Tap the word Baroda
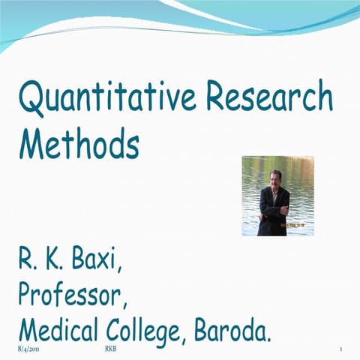232,330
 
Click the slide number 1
340,350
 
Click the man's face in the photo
274,180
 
